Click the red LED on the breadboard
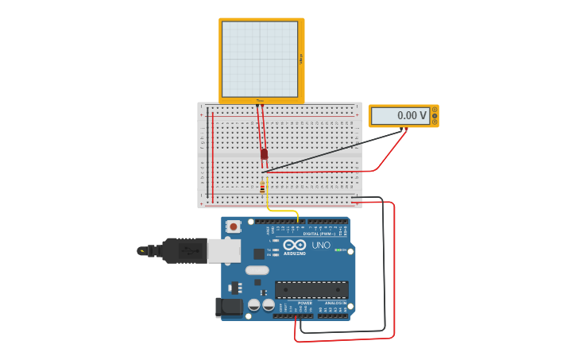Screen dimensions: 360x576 point(264,154)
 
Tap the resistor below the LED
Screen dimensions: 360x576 point(262,188)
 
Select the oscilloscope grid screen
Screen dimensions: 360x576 point(260,59)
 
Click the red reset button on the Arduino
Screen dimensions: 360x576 point(233,226)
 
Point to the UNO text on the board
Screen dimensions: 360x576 point(321,245)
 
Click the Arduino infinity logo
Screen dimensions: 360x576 point(295,245)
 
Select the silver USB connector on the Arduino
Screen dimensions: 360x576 point(223,251)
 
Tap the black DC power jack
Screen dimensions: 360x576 point(229,308)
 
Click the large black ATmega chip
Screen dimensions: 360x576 point(311,289)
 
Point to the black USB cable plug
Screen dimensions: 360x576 point(184,250)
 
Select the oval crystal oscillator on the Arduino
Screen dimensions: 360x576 point(257,270)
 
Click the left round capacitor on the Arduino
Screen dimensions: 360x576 point(254,304)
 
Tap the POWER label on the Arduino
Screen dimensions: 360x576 point(304,303)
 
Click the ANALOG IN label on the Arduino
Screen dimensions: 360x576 point(335,303)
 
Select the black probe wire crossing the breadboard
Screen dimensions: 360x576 point(334,151)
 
